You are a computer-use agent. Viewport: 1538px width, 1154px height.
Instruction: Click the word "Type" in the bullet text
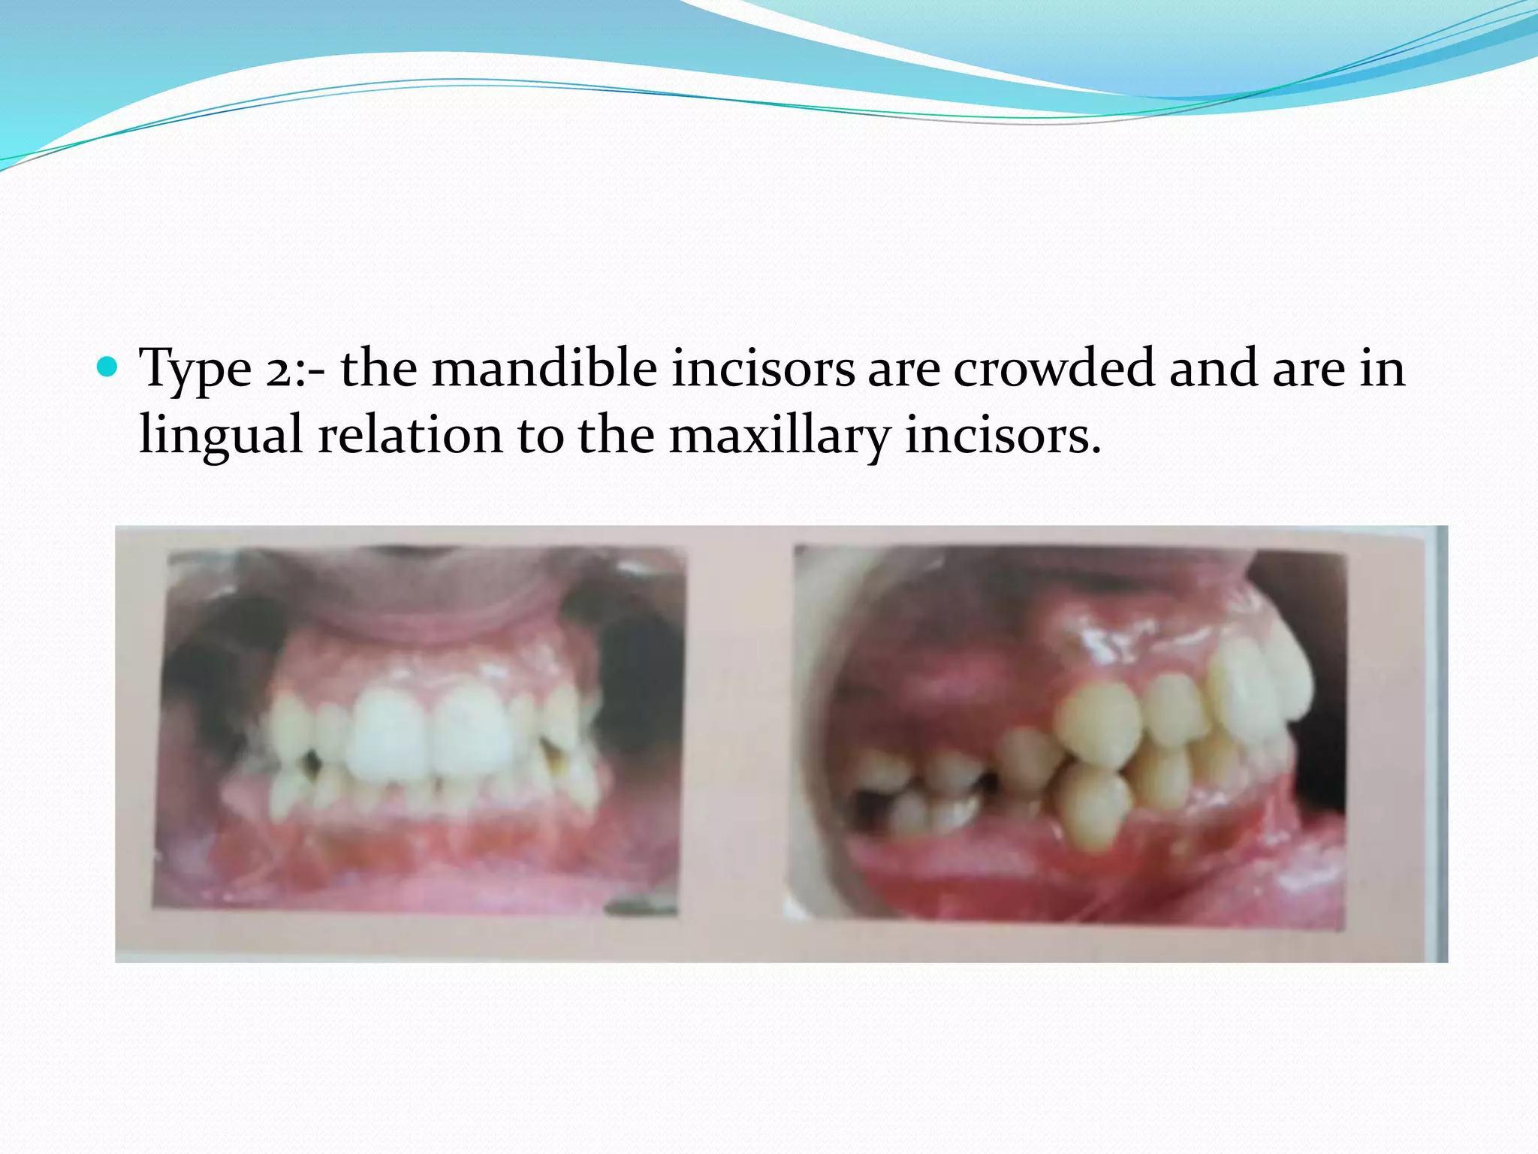click(x=195, y=370)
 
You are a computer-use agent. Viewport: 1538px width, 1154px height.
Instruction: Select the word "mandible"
click(x=544, y=369)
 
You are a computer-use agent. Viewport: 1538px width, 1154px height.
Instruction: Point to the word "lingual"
click(x=222, y=436)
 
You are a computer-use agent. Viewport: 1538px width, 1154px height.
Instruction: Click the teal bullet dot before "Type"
click(x=108, y=367)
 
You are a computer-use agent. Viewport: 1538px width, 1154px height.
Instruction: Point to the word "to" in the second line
click(x=541, y=436)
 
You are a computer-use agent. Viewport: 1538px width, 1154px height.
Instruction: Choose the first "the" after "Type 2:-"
click(x=378, y=369)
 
